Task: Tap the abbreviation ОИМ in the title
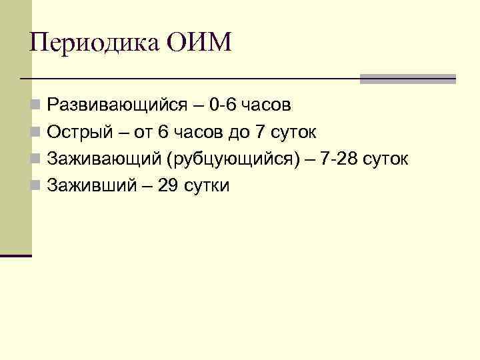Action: click(199, 43)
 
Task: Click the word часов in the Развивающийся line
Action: click(267, 105)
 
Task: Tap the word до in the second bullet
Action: click(237, 132)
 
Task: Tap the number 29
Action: click(169, 185)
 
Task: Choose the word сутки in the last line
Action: click(207, 185)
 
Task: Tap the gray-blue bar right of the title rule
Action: click(407, 79)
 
